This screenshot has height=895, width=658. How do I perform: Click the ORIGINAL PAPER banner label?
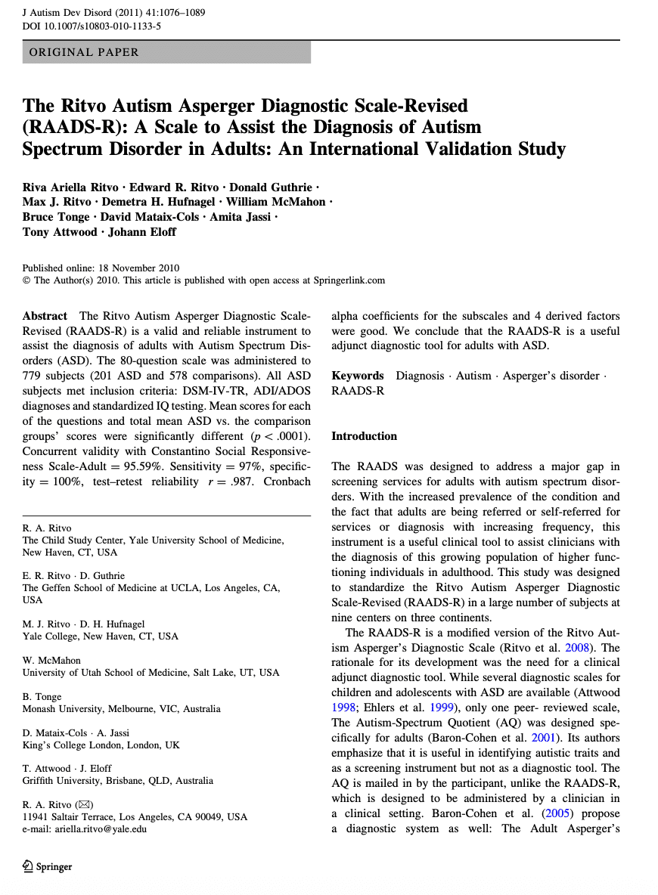(84, 52)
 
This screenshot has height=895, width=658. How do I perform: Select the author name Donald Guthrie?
(271, 187)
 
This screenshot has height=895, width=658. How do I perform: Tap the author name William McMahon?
(280, 202)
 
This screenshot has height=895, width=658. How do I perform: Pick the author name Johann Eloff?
(142, 232)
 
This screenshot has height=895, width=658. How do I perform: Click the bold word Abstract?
(45, 316)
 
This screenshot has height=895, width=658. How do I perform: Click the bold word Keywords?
(358, 376)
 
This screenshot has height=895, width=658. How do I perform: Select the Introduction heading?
(364, 436)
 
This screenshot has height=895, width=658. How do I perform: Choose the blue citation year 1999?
(440, 708)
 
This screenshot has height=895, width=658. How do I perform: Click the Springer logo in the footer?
(48, 867)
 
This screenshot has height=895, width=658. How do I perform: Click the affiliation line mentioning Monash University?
(122, 709)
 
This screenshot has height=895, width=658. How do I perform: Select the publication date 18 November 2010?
(135, 268)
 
